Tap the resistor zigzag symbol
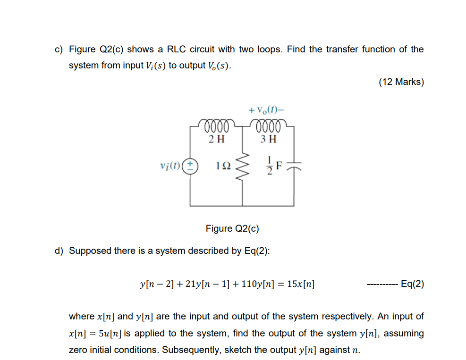click(x=243, y=166)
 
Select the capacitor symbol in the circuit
click(x=295, y=166)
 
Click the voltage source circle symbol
click(x=190, y=166)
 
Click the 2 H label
click(x=217, y=139)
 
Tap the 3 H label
click(x=269, y=139)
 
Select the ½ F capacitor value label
click(x=275, y=166)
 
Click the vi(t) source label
click(x=171, y=166)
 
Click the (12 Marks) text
click(x=401, y=82)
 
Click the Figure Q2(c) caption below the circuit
click(x=232, y=229)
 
